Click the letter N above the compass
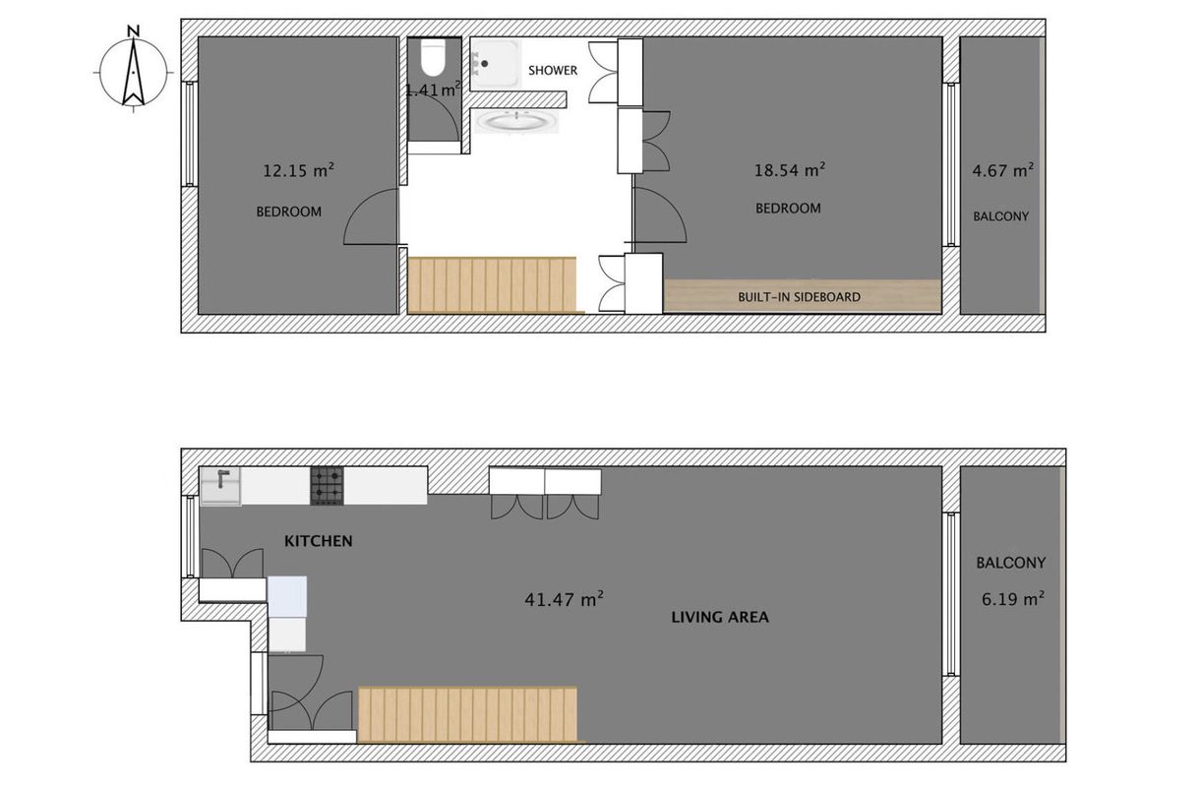point(134,31)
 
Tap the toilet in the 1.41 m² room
point(433,59)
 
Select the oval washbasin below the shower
point(516,122)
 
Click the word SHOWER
point(553,71)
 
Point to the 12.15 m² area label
point(299,170)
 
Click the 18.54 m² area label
point(790,170)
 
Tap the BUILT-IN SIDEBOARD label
point(799,297)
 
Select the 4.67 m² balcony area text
point(1002,170)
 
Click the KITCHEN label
point(319,541)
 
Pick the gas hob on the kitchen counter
point(328,486)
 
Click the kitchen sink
point(220,486)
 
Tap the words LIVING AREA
point(720,617)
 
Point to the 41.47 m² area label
point(565,599)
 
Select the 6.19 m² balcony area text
point(1013,598)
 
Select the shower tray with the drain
point(496,64)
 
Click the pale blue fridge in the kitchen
point(287,597)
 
